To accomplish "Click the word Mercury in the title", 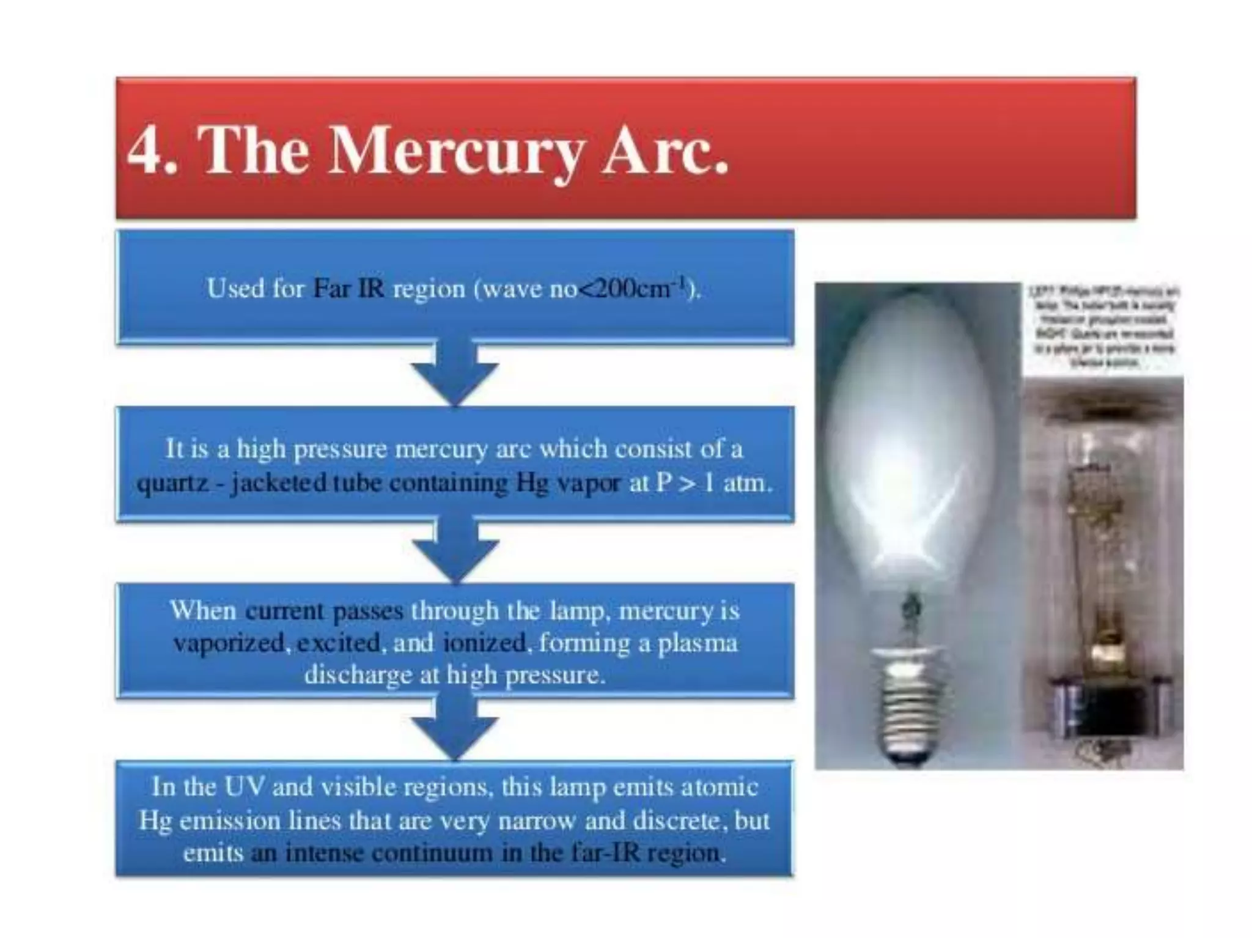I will [x=455, y=150].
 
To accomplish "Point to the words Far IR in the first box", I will [x=348, y=288].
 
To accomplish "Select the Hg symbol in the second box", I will [x=532, y=483].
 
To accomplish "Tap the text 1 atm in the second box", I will [x=737, y=483].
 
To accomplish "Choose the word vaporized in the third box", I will [x=229, y=643].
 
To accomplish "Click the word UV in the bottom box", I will [x=244, y=786].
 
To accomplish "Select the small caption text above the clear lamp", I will [x=1104, y=327].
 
